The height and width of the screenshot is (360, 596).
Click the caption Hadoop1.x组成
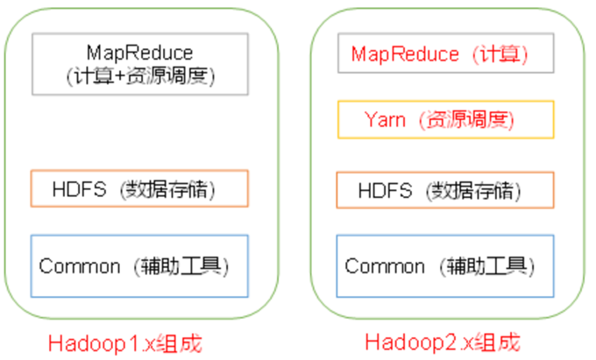pyautogui.click(x=125, y=342)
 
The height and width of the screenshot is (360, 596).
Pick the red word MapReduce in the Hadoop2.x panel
pyautogui.click(x=405, y=53)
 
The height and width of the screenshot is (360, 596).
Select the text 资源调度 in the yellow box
pyautogui.click(x=465, y=119)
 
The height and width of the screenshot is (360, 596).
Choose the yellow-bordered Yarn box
pyautogui.click(x=445, y=119)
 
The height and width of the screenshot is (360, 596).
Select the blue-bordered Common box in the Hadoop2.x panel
pyautogui.click(x=445, y=265)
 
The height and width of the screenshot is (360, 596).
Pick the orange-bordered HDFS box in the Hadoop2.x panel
pyautogui.click(x=445, y=190)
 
